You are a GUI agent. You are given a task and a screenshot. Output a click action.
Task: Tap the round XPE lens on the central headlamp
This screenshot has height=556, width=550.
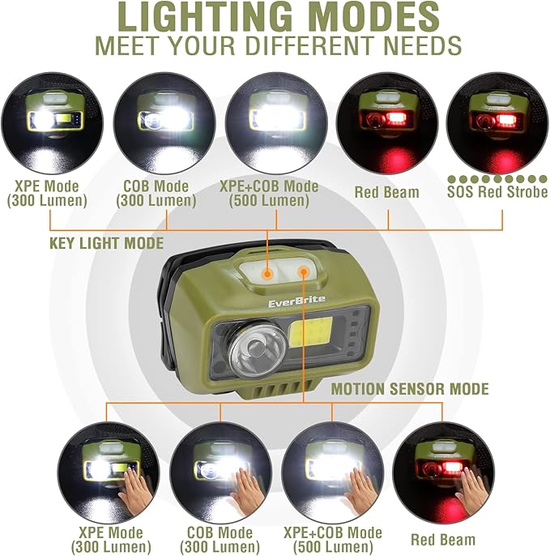coord(252,351)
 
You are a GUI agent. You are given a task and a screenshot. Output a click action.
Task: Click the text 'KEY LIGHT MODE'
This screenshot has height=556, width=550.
coord(106,243)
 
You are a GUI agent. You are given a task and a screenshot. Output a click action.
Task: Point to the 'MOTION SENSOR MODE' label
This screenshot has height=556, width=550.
coord(410,390)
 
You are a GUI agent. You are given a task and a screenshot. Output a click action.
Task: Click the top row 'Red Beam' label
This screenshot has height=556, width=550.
coord(386,192)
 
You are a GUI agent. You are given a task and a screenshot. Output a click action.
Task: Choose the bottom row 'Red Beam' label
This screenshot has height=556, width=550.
coord(442,539)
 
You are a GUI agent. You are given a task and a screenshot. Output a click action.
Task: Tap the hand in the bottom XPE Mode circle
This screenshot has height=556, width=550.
coord(133,487)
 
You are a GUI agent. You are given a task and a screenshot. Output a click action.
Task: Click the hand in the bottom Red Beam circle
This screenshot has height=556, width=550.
coord(471,487)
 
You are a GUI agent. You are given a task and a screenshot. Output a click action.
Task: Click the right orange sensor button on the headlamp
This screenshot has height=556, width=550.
coord(305,272)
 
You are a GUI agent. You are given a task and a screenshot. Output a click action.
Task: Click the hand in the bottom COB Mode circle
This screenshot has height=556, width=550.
coord(246,487)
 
